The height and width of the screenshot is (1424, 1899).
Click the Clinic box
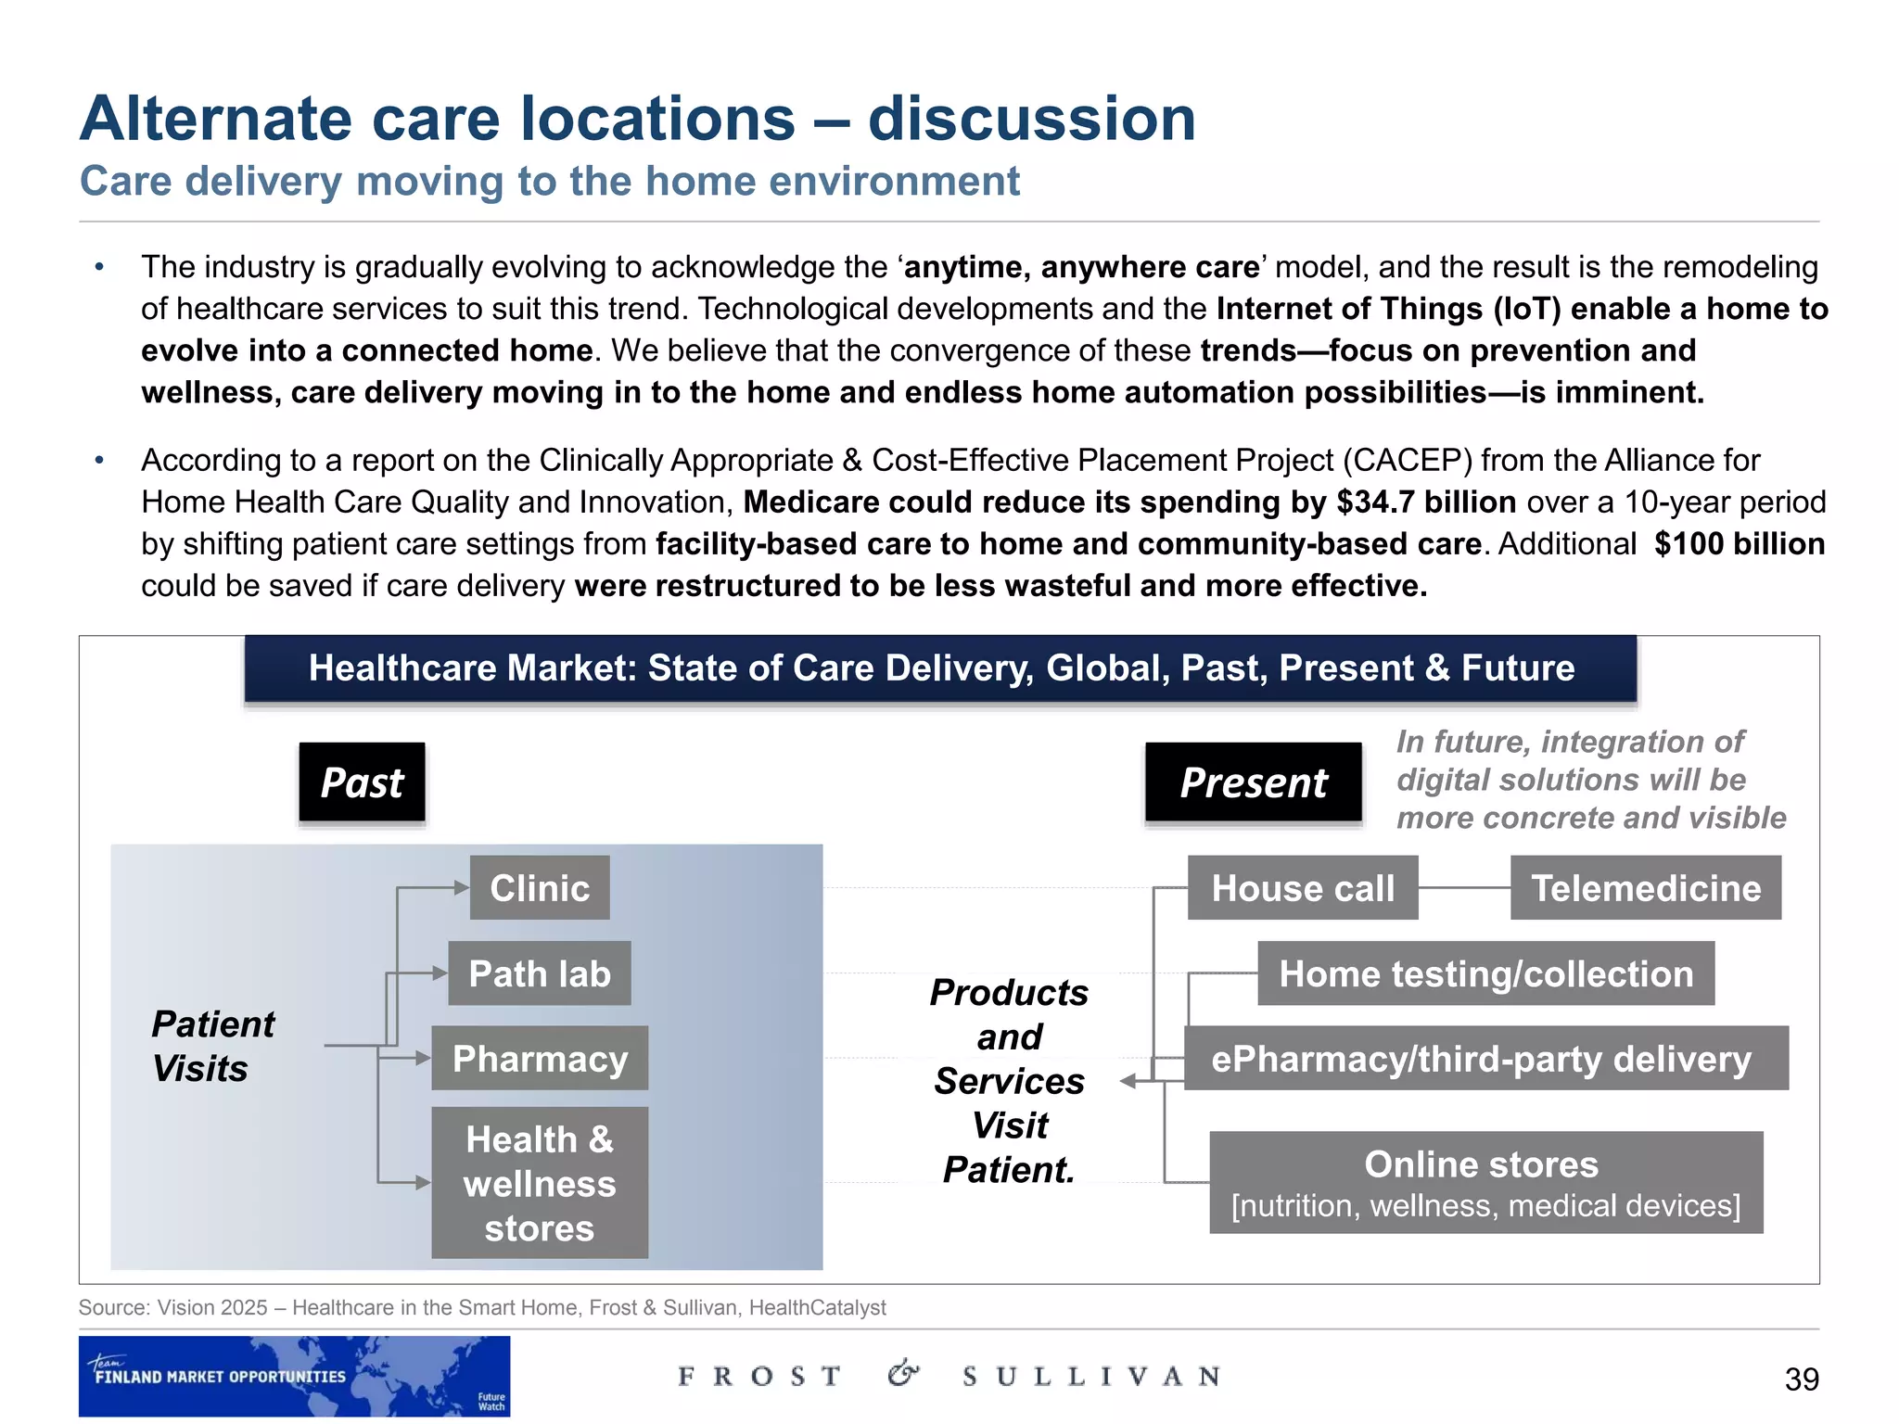540,888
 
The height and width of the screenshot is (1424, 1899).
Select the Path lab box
540,973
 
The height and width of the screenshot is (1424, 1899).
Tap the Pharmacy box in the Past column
540,1058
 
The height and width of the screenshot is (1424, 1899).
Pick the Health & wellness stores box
540,1183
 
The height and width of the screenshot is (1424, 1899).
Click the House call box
1303,888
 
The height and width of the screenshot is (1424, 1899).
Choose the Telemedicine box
1646,888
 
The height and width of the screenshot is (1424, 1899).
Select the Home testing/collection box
1485,973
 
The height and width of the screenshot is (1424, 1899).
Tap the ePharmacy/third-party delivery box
1485,1058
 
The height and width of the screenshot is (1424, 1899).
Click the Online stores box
1485,1183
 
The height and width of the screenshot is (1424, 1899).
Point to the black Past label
362,782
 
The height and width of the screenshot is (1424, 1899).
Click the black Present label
1254,782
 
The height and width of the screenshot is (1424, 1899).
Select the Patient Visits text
212,1046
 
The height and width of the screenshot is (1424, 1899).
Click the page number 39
1802,1379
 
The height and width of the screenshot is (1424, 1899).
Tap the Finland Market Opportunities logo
294,1376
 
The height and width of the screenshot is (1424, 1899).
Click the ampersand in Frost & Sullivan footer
903,1373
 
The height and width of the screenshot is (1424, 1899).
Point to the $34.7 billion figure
1426,502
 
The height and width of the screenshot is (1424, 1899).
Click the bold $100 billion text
1740,543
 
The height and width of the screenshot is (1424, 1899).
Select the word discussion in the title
1032,119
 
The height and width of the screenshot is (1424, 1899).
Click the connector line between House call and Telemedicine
1464,888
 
